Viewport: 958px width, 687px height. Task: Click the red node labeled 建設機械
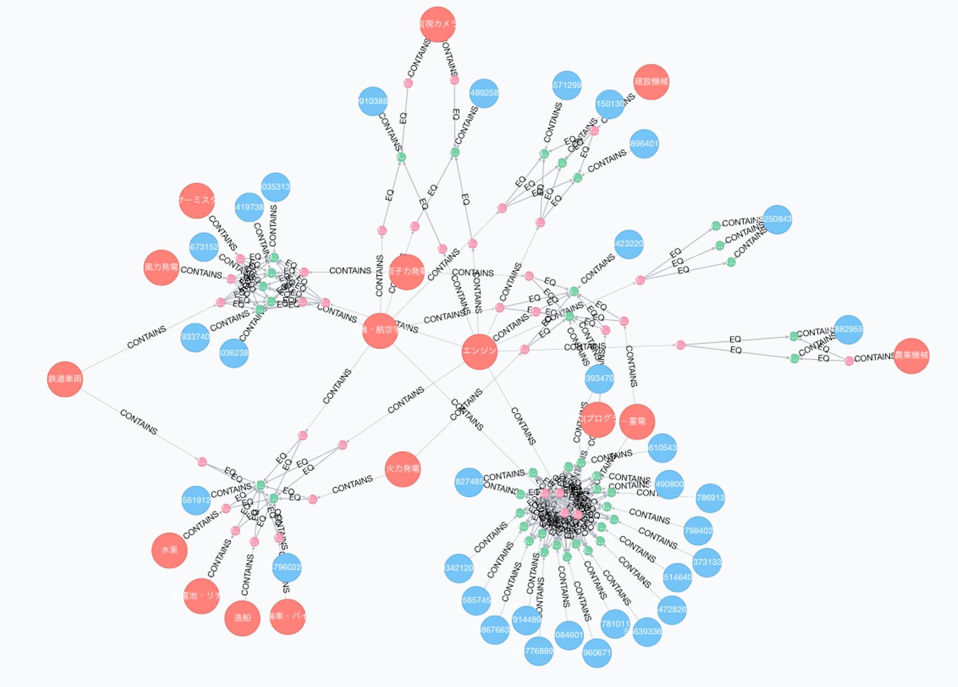click(651, 82)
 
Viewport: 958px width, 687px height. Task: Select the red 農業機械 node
click(911, 356)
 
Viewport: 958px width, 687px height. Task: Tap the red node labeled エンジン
click(479, 351)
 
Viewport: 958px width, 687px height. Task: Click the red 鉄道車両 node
click(65, 379)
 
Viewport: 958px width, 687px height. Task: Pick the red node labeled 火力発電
click(402, 469)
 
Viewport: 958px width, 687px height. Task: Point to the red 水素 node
click(170, 550)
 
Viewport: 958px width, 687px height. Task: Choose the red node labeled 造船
click(242, 618)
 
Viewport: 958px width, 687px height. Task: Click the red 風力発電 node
click(161, 268)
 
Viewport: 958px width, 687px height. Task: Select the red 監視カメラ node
click(437, 24)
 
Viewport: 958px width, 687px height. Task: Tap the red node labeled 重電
click(637, 421)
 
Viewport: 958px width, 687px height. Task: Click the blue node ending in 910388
click(373, 102)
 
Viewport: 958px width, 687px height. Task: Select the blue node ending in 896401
click(644, 144)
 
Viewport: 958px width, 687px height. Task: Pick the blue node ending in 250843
click(777, 219)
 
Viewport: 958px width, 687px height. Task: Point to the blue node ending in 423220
click(629, 244)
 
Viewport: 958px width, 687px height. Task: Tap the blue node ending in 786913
click(710, 498)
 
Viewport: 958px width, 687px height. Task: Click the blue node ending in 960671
click(597, 653)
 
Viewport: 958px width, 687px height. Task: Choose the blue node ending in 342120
click(459, 568)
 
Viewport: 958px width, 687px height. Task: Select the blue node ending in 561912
click(196, 500)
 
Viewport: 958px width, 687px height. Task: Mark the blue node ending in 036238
click(234, 353)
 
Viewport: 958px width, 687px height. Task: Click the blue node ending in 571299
click(567, 85)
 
